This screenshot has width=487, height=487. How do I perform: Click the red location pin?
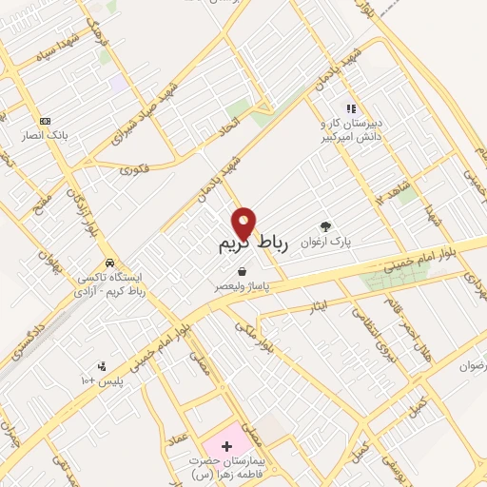(x=244, y=224)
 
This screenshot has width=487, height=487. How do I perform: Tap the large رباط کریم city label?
(x=233, y=246)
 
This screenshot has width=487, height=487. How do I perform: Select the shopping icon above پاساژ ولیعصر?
(x=243, y=272)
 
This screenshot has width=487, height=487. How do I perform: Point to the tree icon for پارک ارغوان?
(x=327, y=226)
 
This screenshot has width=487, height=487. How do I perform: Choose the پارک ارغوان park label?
(x=328, y=242)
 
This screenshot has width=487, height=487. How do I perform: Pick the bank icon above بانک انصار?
(x=45, y=121)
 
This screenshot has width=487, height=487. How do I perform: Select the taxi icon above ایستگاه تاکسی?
(x=110, y=263)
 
